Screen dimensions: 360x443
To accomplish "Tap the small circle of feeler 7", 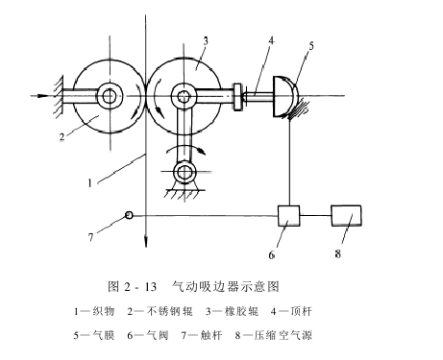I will [x=129, y=215].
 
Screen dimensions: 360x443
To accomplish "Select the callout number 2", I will [x=60, y=136].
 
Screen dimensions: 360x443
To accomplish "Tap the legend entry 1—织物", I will [x=94, y=311].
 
